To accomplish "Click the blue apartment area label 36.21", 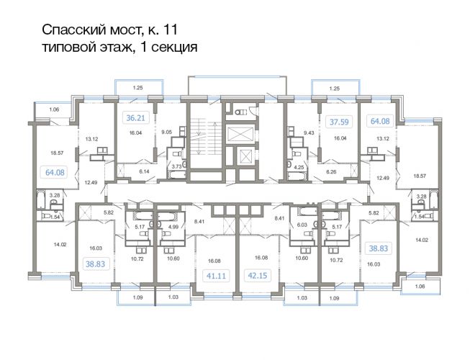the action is click(x=135, y=118).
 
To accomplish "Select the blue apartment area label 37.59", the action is click(x=339, y=122).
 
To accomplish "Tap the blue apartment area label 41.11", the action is click(x=216, y=275).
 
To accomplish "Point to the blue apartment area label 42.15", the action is click(x=258, y=275).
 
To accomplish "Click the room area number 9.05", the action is click(x=167, y=132).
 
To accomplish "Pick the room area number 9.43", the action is click(x=309, y=132).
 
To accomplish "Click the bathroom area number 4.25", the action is click(x=299, y=167).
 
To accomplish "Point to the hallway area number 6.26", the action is click(x=331, y=172).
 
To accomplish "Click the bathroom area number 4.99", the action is click(x=173, y=227).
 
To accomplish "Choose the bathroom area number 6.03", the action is click(x=302, y=225).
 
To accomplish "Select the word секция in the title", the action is click(x=174, y=48).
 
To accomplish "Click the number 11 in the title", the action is click(x=170, y=30).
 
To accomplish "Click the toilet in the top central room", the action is click(x=240, y=112).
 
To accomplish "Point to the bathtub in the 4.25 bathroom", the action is click(x=297, y=176).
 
